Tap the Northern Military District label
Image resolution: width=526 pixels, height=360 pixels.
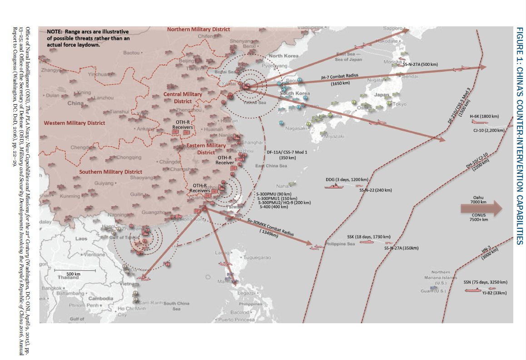pyautogui.click(x=198, y=29)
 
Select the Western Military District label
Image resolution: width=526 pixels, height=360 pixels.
pyautogui.click(x=74, y=123)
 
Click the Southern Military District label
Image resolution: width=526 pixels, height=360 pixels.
pyautogui.click(x=110, y=172)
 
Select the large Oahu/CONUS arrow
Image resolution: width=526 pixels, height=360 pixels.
pyautogui.click(x=481, y=208)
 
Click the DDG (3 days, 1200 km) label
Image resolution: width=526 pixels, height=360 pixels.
pyautogui.click(x=347, y=180)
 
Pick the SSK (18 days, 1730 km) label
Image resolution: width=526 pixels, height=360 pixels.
pyautogui.click(x=368, y=237)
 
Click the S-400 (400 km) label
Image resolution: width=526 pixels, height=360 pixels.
pyautogui.click(x=273, y=207)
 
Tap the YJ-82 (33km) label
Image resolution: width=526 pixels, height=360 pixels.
pyautogui.click(x=495, y=293)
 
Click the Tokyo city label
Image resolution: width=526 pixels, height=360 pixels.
pyautogui.click(x=399, y=104)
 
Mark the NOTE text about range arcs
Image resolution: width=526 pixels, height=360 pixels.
pyautogui.click(x=88, y=38)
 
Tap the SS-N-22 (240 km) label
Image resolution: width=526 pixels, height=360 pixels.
pyautogui.click(x=375, y=190)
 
